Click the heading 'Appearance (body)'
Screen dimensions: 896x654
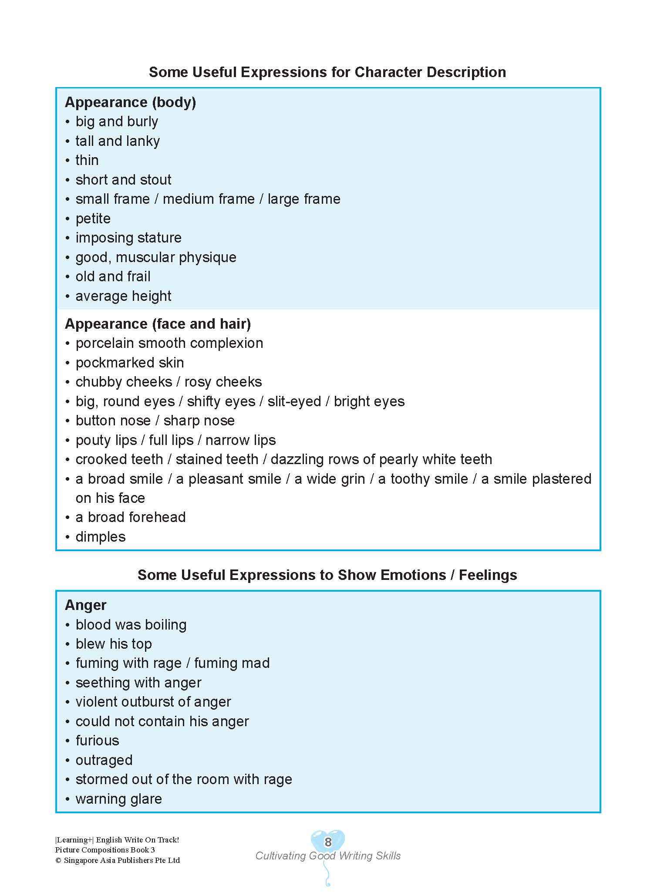pyautogui.click(x=130, y=102)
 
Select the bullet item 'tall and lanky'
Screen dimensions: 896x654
pyautogui.click(x=118, y=141)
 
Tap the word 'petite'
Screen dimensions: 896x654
pyautogui.click(x=93, y=219)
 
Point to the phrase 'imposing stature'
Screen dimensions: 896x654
pyautogui.click(x=128, y=238)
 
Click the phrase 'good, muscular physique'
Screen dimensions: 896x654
pyautogui.click(x=156, y=257)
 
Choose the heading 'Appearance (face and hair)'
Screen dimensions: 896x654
pyautogui.click(x=158, y=324)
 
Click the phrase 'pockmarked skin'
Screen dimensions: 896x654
pyautogui.click(x=130, y=363)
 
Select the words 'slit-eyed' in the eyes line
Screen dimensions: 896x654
pyautogui.click(x=294, y=401)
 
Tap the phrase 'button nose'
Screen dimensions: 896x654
pyautogui.click(x=113, y=421)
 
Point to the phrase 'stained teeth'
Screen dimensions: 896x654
pyautogui.click(x=217, y=459)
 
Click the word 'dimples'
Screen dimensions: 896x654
pyautogui.click(x=101, y=537)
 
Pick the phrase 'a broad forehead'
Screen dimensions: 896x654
pyautogui.click(x=131, y=517)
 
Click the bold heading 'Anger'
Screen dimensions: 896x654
pyautogui.click(x=85, y=605)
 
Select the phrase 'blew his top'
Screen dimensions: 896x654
pyautogui.click(x=114, y=644)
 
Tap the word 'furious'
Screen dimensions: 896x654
pyautogui.click(x=97, y=741)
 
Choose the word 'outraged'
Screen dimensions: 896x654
pyautogui.click(x=104, y=760)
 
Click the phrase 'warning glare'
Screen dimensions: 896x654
pyautogui.click(x=118, y=799)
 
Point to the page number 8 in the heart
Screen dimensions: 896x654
pyautogui.click(x=328, y=842)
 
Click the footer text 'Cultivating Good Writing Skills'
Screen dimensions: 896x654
pyautogui.click(x=328, y=856)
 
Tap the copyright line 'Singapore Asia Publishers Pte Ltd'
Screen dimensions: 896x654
pyautogui.click(x=121, y=860)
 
